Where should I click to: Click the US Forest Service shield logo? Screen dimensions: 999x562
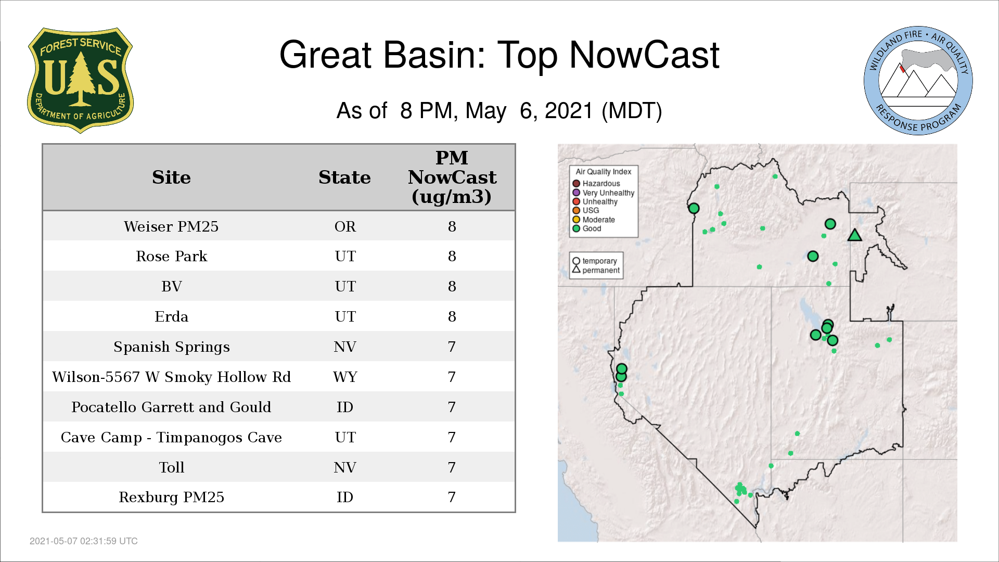80,80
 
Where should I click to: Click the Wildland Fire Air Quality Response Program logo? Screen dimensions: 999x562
918,81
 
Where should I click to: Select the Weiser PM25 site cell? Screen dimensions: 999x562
171,226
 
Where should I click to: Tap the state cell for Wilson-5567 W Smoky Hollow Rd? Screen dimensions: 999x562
345,377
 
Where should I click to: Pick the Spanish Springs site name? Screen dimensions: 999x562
171,347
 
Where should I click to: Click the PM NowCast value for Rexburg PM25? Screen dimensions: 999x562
452,497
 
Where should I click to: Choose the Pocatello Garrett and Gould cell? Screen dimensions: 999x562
171,407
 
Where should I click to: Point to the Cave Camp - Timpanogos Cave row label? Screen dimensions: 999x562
171,437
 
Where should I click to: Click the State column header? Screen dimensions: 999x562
344,177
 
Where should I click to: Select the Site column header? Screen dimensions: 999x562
171,177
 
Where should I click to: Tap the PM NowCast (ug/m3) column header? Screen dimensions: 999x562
452,177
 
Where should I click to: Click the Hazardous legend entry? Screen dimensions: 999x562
596,183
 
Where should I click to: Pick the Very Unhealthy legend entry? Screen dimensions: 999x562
604,193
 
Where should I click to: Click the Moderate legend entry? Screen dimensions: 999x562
594,220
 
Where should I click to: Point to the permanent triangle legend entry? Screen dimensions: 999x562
596,270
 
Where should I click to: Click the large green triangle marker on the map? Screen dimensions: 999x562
854,235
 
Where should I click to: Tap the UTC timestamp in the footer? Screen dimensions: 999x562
84,541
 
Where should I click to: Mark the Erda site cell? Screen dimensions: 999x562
171,316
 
